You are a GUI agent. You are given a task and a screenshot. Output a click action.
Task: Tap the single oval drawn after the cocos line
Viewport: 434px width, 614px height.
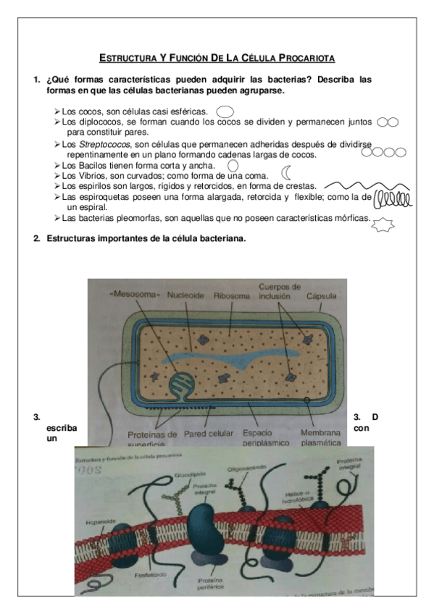click(x=225, y=112)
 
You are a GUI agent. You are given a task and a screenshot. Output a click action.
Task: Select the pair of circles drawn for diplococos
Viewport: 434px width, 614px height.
click(x=388, y=123)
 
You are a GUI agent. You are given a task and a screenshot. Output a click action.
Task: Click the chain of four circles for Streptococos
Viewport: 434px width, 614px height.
click(x=383, y=152)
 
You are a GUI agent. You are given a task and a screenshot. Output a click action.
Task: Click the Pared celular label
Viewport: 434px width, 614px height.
click(x=209, y=433)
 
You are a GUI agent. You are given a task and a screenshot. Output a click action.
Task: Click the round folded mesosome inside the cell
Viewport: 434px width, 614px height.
click(x=179, y=384)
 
